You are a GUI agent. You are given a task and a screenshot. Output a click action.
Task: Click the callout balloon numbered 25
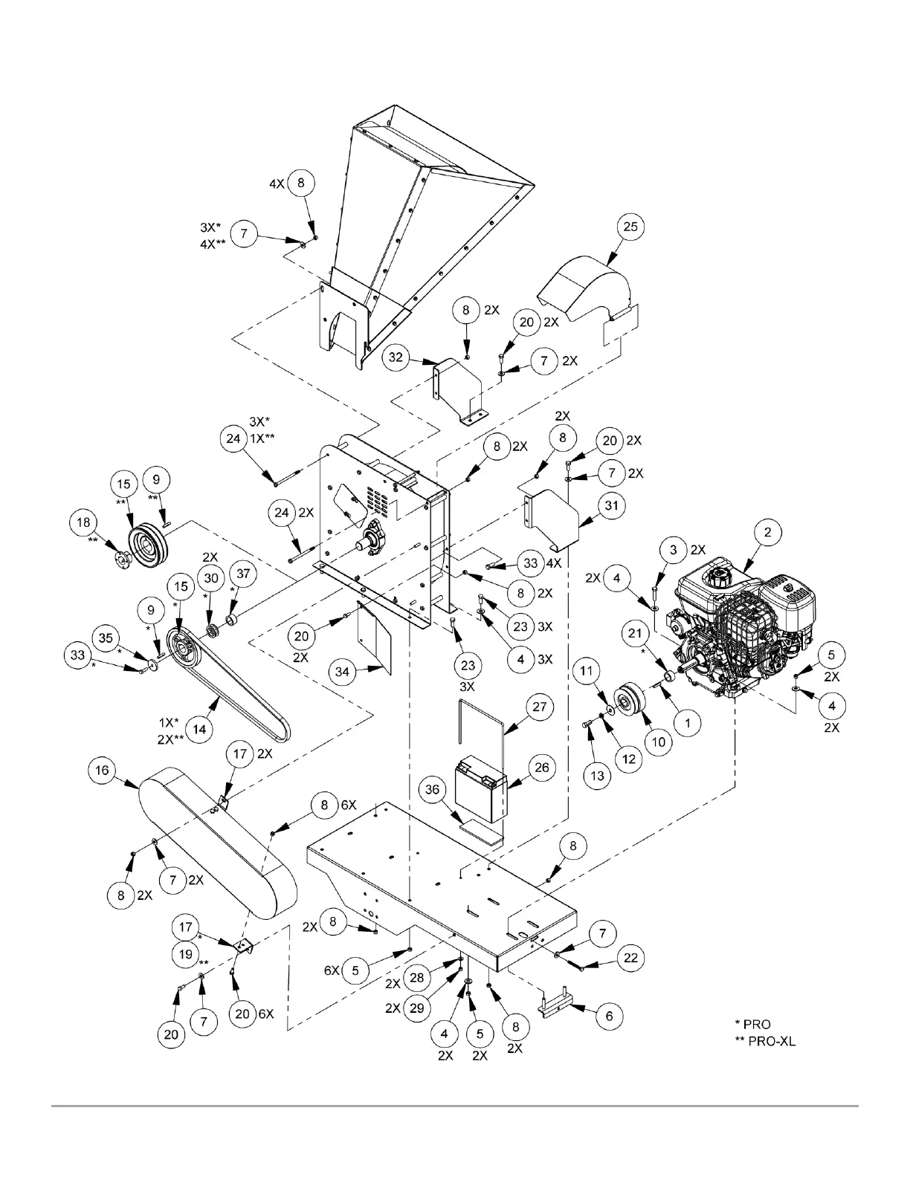pos(630,227)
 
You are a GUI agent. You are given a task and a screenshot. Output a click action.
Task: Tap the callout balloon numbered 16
pos(102,770)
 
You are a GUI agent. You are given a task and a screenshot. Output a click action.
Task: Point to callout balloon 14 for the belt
pos(199,730)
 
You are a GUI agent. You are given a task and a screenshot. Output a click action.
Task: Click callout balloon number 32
pos(396,357)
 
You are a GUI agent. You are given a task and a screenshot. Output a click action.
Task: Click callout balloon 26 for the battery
pos(542,767)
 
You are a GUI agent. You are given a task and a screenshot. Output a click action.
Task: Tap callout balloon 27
pos(540,707)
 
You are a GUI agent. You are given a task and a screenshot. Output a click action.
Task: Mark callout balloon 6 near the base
pos(610,1016)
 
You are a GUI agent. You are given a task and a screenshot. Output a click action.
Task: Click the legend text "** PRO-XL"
pos(764,1041)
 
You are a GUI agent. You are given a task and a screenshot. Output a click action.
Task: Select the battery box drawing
pos(481,788)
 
